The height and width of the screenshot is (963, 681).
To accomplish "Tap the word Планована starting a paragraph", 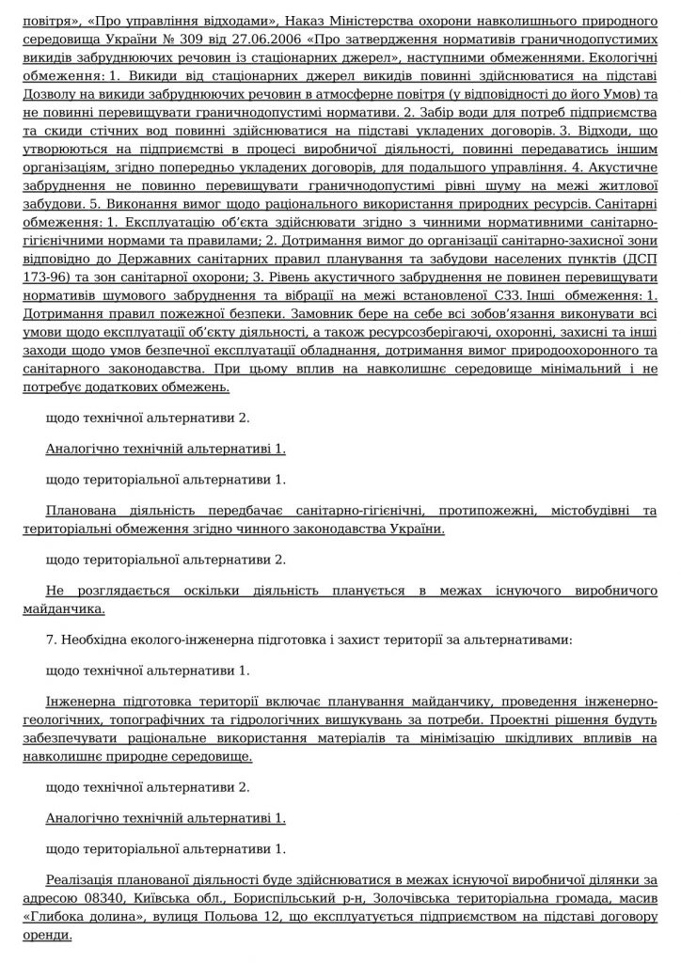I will click(x=83, y=511).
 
